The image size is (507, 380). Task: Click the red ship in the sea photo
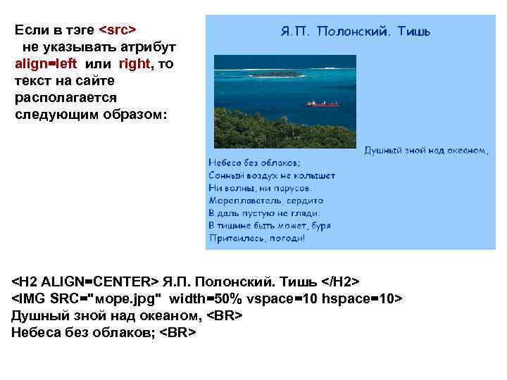pyautogui.click(x=323, y=103)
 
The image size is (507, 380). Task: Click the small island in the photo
pyautogui.click(x=276, y=73)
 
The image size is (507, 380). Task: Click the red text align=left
pyautogui.click(x=45, y=63)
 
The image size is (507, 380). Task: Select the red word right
pyautogui.click(x=134, y=63)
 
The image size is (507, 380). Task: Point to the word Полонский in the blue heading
pyautogui.click(x=354, y=32)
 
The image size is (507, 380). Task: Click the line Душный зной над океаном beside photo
pyautogui.click(x=425, y=150)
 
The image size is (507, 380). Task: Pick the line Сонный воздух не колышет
pyautogui.click(x=272, y=175)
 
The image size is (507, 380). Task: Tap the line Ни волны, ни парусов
pyautogui.click(x=261, y=188)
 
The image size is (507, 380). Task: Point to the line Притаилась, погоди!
pyautogui.click(x=257, y=239)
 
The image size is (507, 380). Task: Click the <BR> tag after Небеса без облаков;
pyautogui.click(x=177, y=332)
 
